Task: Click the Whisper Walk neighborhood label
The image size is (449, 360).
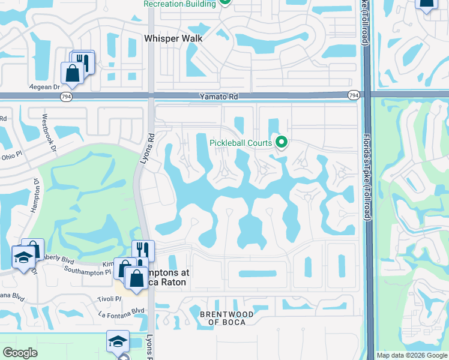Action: pyautogui.click(x=173, y=38)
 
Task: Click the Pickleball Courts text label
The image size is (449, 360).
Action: pyautogui.click(x=240, y=143)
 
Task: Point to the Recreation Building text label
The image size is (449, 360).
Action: pyautogui.click(x=179, y=4)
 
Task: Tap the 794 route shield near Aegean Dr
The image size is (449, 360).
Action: pyautogui.click(x=67, y=96)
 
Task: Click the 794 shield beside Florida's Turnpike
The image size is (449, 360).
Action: pyautogui.click(x=354, y=95)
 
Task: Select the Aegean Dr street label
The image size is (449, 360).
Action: pyautogui.click(x=46, y=86)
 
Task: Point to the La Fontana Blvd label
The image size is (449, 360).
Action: pyautogui.click(x=122, y=311)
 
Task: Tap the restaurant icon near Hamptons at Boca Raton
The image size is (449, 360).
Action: pyautogui.click(x=143, y=249)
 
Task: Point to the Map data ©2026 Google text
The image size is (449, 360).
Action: pyautogui.click(x=412, y=355)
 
